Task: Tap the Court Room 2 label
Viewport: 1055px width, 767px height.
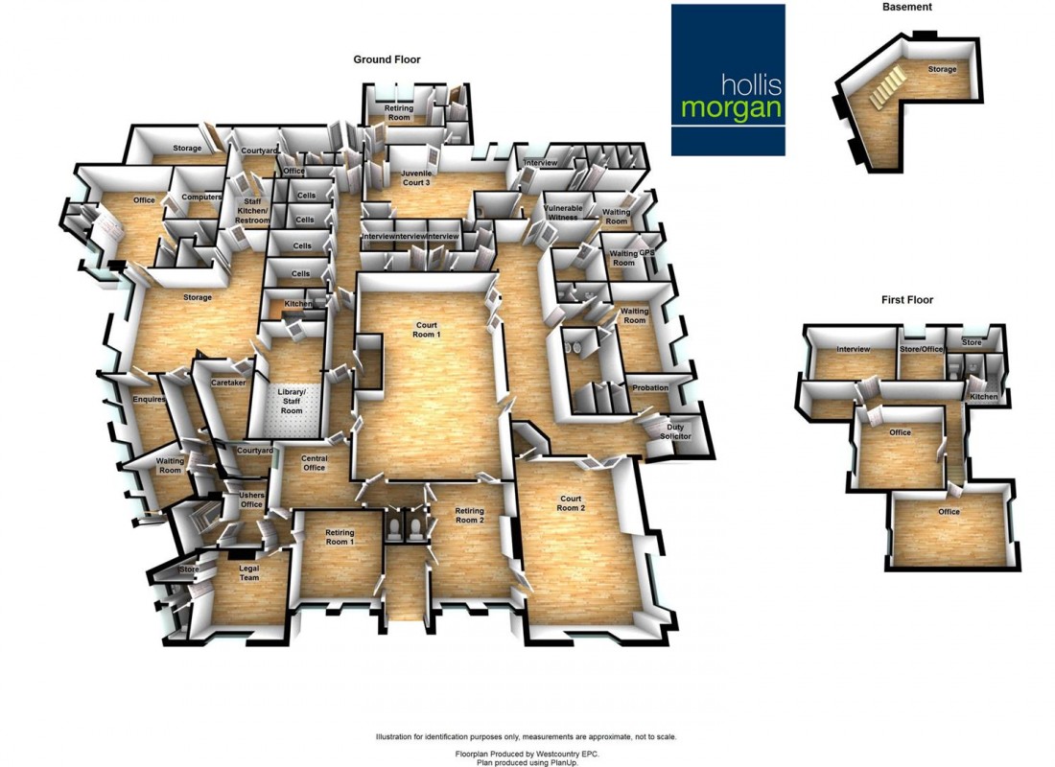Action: [x=571, y=502]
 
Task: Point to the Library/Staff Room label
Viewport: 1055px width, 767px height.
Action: [x=291, y=401]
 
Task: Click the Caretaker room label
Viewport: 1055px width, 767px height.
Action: [x=229, y=382]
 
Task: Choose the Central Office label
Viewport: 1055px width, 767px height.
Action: [x=314, y=462]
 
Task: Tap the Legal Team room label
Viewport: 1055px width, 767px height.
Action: [x=249, y=572]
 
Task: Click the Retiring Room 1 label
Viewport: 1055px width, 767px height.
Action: [x=340, y=537]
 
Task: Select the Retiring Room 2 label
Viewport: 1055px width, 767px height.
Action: [x=469, y=515]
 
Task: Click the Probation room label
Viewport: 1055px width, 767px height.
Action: [x=650, y=387]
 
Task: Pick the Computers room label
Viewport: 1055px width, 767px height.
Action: [x=201, y=197]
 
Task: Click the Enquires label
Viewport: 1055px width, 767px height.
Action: [x=150, y=399]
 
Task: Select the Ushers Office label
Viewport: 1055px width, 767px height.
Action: [x=251, y=500]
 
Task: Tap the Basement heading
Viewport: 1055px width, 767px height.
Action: [x=906, y=7]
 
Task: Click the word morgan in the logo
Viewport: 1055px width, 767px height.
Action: [x=731, y=107]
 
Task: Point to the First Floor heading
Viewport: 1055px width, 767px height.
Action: [x=906, y=300]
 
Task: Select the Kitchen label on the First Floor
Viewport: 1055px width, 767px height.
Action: [x=983, y=397]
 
